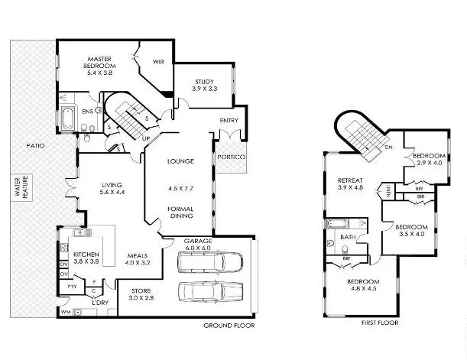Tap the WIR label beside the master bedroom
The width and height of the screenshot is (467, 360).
click(159, 62)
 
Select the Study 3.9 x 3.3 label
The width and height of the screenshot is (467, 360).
click(204, 85)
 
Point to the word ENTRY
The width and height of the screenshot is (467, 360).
click(229, 120)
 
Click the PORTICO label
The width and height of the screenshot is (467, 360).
click(231, 157)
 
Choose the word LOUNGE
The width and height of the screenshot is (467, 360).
click(181, 161)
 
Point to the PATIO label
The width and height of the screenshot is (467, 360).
click(35, 144)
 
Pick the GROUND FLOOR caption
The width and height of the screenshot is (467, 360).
click(229, 326)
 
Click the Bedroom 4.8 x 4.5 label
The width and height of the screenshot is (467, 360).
click(365, 286)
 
